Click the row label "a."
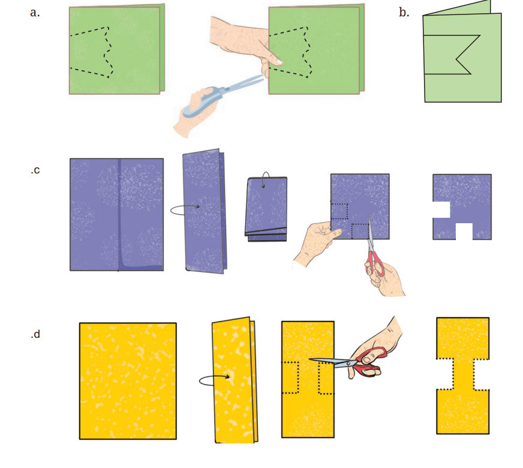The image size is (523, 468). (x=35, y=13)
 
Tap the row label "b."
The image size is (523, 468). (x=404, y=12)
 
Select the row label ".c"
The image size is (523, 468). (x=35, y=170)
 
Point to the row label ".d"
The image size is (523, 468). (x=35, y=334)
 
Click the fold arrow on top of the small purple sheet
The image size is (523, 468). (x=266, y=178)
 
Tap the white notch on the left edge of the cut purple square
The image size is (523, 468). (x=441, y=210)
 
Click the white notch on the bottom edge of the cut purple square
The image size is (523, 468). (x=464, y=231)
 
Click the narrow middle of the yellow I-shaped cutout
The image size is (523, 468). (x=463, y=374)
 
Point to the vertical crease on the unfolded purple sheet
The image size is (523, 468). (x=119, y=214)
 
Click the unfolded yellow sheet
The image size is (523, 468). (x=128, y=381)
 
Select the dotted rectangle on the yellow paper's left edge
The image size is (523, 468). (x=290, y=377)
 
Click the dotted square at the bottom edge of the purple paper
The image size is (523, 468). (x=360, y=231)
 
